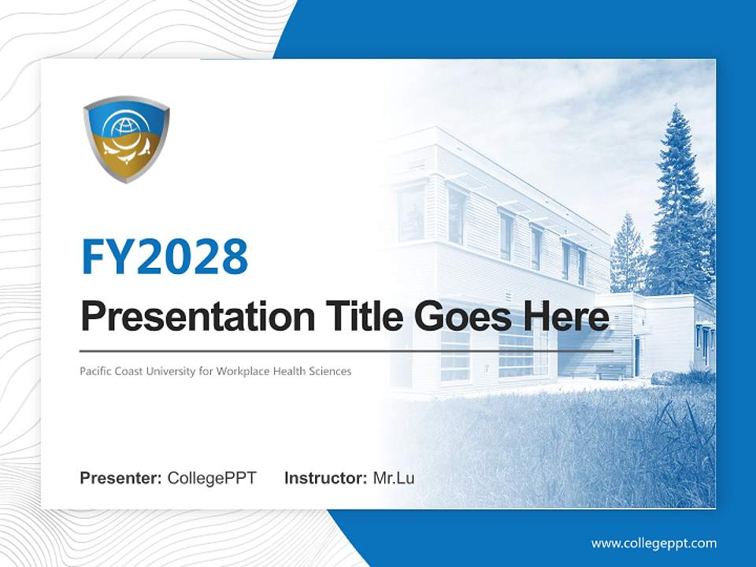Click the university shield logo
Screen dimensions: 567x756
pyautogui.click(x=126, y=139)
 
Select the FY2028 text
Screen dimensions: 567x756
pyautogui.click(x=165, y=257)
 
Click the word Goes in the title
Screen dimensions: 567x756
pyautogui.click(x=461, y=317)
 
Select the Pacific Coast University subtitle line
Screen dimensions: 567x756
pyautogui.click(x=215, y=370)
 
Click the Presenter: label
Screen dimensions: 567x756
pyautogui.click(x=121, y=478)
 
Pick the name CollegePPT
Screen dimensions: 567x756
pyautogui.click(x=212, y=478)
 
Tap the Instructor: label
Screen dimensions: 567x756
pyautogui.click(x=325, y=478)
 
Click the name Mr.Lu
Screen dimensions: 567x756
pyautogui.click(x=394, y=478)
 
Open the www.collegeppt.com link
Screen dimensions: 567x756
pyautogui.click(x=654, y=543)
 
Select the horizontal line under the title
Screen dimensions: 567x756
pyautogui.click(x=346, y=350)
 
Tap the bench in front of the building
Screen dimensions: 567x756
pyautogui.click(x=610, y=371)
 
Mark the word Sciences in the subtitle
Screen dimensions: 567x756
pyautogui.click(x=331, y=370)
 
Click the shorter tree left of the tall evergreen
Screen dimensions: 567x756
pyautogui.click(x=628, y=252)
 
